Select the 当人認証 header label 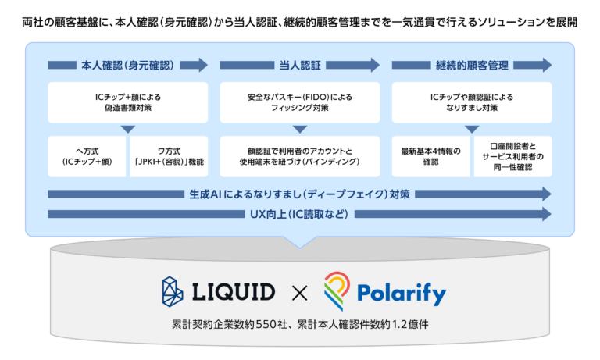[300, 65]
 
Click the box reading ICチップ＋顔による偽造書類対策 [128, 102]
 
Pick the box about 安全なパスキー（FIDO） [300, 102]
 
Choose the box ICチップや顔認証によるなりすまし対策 [472, 102]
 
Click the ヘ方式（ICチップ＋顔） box [87, 155]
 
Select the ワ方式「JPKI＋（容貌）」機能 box [170, 155]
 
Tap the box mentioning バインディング [300, 155]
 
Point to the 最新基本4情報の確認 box [430, 155]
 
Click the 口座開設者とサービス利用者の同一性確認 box [513, 155]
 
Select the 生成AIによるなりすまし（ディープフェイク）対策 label [300, 194]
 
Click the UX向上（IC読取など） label [300, 214]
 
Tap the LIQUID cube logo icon [173, 291]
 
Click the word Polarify [403, 294]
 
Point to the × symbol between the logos [299, 293]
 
